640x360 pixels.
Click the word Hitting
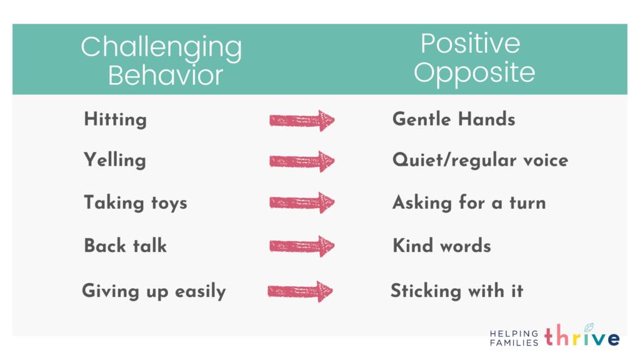pos(115,120)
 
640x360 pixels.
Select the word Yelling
pos(115,161)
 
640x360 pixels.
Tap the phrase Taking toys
pos(136,203)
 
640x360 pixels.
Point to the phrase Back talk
pos(125,246)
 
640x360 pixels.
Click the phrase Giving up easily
pos(154,291)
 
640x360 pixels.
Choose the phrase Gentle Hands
pos(454,119)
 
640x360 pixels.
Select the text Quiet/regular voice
pos(480,160)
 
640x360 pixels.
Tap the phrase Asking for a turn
pos(469,203)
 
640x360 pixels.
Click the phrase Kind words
pos(442,246)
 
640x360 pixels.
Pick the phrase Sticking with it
pos(457,291)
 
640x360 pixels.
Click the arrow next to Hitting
pos(302,121)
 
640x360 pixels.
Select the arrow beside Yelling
pos(302,162)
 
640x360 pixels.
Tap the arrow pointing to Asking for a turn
pos(302,203)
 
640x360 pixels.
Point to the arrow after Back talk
pos(302,246)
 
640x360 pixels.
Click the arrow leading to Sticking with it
pos(301,291)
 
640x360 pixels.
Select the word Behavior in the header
pos(165,75)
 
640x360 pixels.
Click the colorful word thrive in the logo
pos(582,336)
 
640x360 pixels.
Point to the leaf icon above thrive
pos(589,327)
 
